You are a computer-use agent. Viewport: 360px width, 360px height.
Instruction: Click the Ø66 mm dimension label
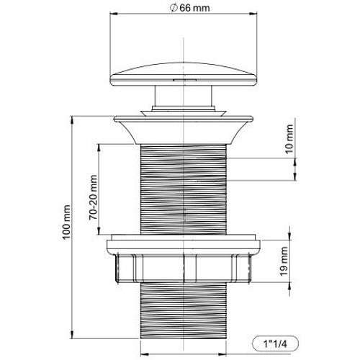coord(189,8)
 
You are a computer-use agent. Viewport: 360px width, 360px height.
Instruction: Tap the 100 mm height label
coord(66,222)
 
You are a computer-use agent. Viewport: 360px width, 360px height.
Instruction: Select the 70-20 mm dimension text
coord(93,197)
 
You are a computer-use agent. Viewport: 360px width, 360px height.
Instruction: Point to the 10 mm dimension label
coord(289,139)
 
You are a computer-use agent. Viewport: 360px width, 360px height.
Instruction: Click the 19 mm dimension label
coord(284,261)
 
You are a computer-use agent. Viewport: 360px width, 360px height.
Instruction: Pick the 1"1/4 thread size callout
coord(275,344)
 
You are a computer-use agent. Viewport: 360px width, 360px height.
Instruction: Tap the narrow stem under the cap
coord(184,96)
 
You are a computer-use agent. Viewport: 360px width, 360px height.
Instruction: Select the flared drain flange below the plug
coord(184,130)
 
